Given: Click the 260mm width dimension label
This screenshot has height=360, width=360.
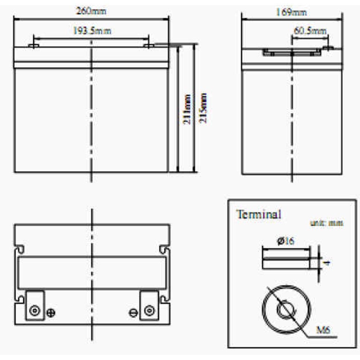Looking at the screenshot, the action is [x=91, y=11].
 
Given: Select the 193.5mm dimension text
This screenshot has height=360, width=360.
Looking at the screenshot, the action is [x=92, y=31].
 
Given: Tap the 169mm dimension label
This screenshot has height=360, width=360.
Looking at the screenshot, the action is [x=291, y=12].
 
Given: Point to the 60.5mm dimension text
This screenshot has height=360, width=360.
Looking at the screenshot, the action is [x=310, y=31].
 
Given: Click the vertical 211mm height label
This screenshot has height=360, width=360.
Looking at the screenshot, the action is [x=187, y=109].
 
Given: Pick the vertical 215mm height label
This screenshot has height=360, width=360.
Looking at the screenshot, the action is [x=203, y=108].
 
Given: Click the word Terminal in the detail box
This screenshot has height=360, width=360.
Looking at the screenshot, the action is [x=259, y=215].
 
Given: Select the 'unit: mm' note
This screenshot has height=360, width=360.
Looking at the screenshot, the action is [x=327, y=223].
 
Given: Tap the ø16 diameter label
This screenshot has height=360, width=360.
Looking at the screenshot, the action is [x=286, y=241].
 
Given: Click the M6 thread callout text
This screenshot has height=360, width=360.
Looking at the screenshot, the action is [x=323, y=330].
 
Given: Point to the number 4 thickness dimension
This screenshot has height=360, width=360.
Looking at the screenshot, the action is [x=327, y=263].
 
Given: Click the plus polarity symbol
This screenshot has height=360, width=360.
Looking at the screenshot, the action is [x=51, y=313].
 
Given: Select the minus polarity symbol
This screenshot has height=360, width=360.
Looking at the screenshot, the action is [x=134, y=313].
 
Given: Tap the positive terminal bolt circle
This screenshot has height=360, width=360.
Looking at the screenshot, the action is [x=35, y=311].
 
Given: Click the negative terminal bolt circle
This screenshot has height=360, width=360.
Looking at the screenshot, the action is [x=149, y=311].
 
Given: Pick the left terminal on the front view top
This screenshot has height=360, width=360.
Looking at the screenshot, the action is [x=33, y=46].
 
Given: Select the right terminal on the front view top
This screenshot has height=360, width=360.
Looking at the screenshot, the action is [x=149, y=46].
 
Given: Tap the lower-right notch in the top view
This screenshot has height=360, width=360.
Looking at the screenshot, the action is [x=165, y=299].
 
